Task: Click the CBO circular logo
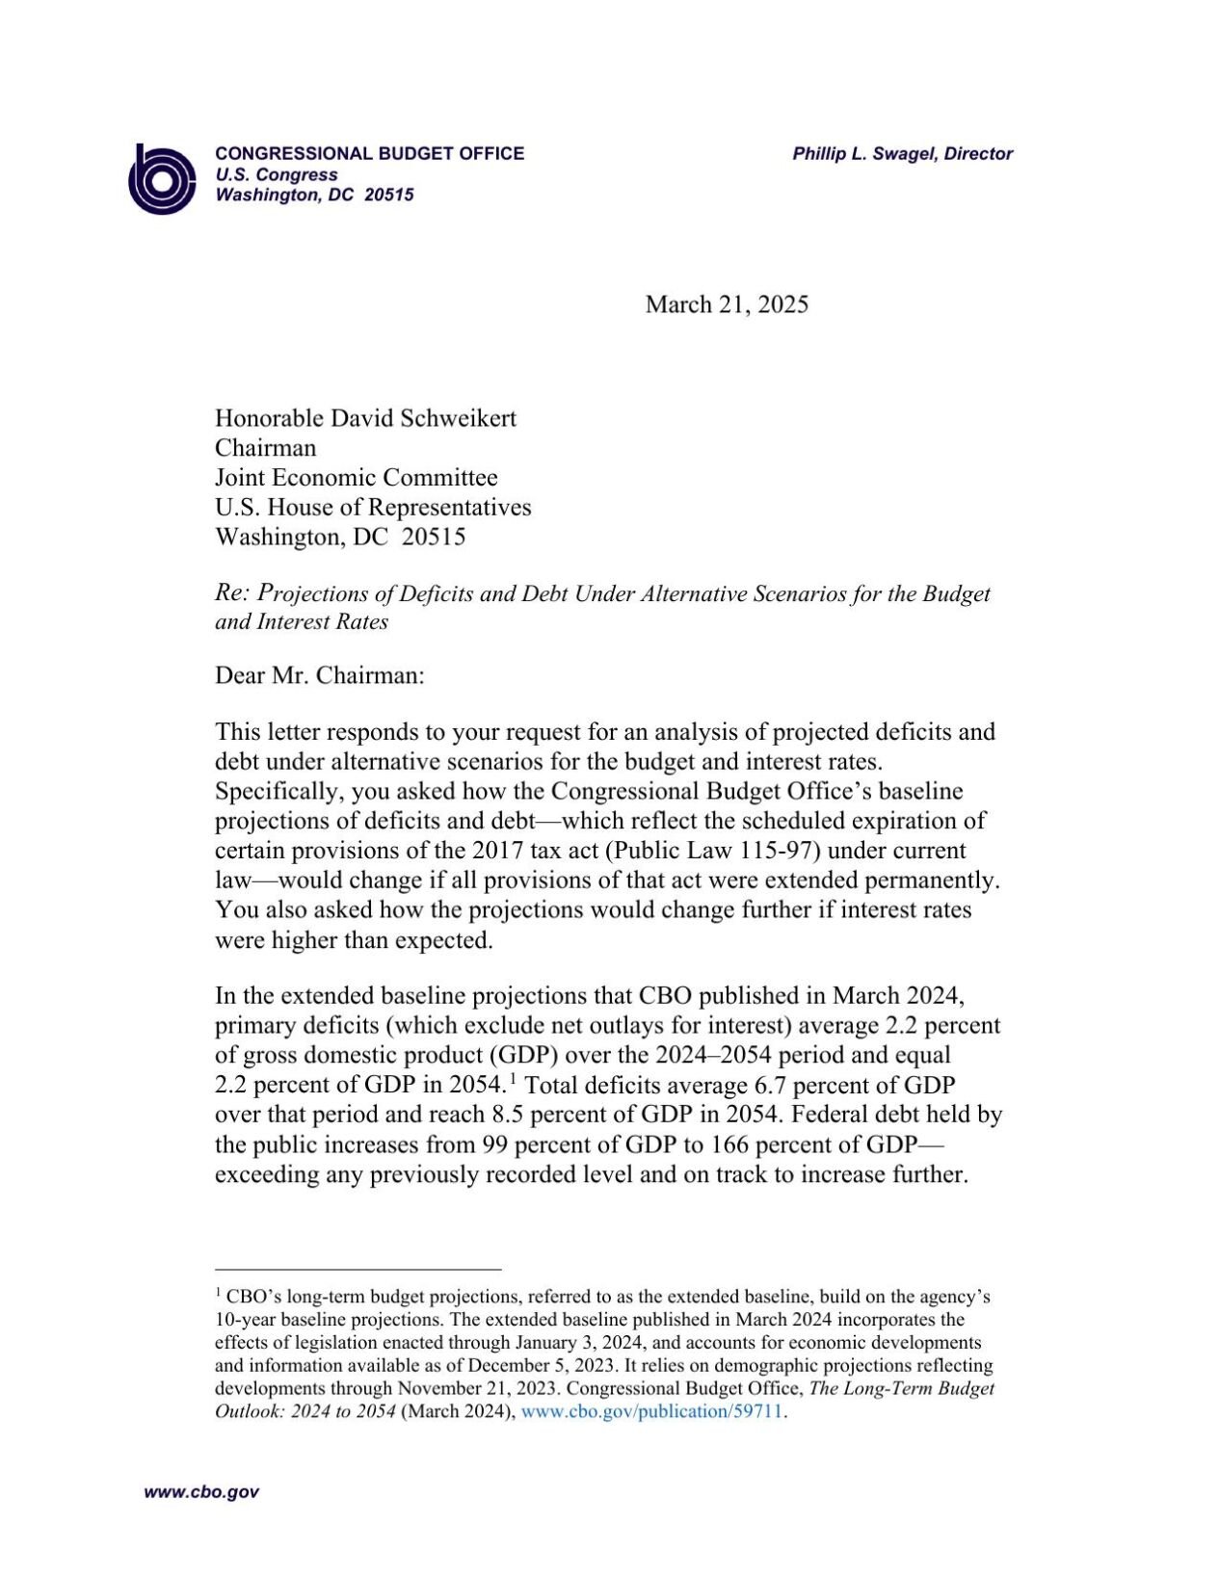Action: tap(162, 178)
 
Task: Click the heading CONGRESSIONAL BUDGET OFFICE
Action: tap(369, 153)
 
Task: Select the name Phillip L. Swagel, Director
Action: tap(902, 153)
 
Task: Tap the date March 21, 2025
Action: tap(727, 304)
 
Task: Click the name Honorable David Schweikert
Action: tap(365, 418)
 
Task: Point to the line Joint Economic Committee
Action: tap(356, 478)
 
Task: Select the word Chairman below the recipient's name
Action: tap(265, 448)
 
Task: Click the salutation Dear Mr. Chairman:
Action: tap(319, 674)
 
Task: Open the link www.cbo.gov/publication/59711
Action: tap(651, 1411)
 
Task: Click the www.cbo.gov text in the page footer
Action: tap(201, 1492)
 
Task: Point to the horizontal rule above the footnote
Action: tap(358, 1270)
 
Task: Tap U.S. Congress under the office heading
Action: tap(276, 174)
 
